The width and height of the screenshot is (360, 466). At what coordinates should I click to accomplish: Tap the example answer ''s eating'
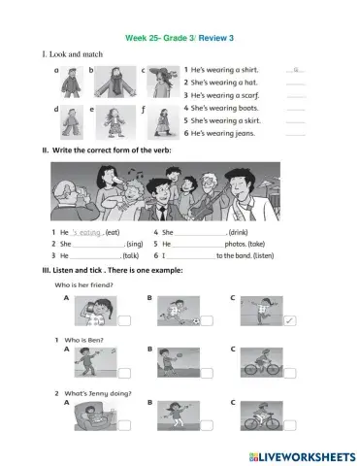(88, 234)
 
